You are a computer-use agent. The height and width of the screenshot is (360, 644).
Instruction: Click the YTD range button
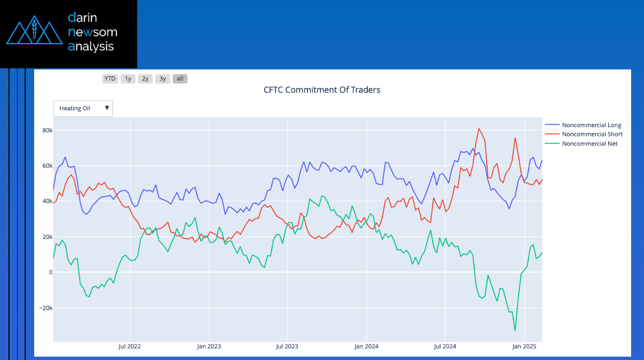[110, 78]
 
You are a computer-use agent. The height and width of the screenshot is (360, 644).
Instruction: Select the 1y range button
[128, 78]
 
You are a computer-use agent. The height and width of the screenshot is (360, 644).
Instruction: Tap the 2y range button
[145, 78]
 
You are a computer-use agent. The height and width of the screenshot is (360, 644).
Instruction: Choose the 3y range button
[162, 78]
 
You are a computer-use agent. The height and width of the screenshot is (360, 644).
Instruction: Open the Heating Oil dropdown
[83, 108]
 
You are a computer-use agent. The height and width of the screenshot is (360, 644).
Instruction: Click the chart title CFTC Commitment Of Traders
[322, 90]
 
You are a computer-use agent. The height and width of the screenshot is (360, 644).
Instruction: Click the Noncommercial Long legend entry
[591, 125]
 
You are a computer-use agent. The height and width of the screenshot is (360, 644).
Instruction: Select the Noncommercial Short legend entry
[592, 134]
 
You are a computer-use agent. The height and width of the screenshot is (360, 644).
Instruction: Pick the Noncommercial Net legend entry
[590, 144]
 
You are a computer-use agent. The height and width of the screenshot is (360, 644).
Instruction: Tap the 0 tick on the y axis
[50, 273]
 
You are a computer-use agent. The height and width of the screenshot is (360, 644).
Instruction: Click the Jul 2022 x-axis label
[129, 346]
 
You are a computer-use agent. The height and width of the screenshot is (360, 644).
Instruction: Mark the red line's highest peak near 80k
[479, 129]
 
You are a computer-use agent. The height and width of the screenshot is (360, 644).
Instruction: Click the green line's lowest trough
[515, 330]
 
